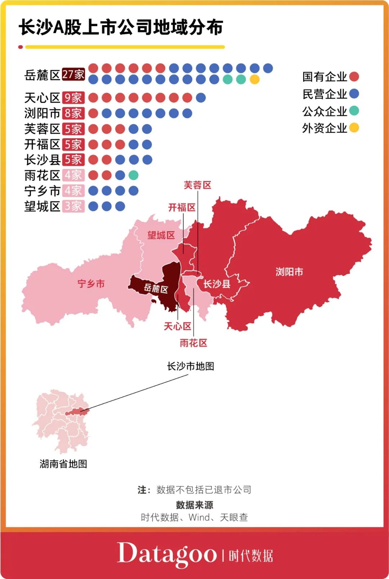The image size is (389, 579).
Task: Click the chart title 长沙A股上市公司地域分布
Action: point(121,27)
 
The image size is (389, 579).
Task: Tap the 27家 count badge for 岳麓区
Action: point(73,74)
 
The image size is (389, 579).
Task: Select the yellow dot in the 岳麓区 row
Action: point(254,79)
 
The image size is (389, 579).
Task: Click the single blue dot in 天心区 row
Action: point(201,98)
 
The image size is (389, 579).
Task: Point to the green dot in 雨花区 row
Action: point(133,175)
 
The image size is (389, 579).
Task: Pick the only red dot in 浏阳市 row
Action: point(93,113)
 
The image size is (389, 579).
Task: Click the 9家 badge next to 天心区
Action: point(73,98)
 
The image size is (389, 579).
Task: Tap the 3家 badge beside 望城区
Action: point(73,206)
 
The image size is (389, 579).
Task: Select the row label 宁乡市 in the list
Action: point(42,191)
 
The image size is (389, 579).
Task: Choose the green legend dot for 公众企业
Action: point(354,111)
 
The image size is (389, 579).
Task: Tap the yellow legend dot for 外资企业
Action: point(354,127)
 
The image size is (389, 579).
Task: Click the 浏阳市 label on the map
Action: point(289,271)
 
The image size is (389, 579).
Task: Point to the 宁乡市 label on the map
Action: point(91,284)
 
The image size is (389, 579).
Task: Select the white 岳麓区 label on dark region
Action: point(156,288)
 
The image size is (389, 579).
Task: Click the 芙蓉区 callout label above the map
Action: point(197,185)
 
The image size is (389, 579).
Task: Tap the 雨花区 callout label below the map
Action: point(193,343)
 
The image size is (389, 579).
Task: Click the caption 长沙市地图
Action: point(191,366)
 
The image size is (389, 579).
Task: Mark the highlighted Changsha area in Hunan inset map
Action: point(76,412)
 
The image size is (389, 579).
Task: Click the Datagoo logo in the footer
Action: point(167,554)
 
